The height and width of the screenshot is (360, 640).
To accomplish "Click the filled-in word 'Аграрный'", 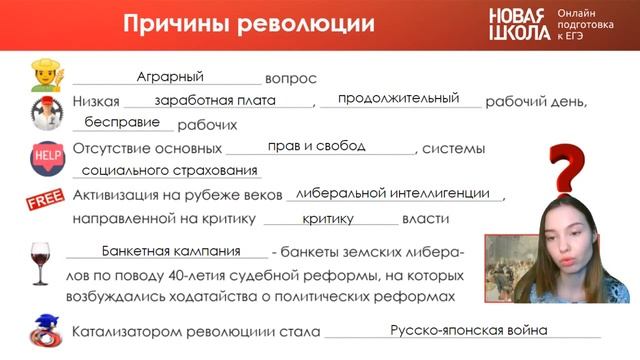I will point(170,76).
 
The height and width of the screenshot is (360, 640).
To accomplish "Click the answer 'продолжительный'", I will point(398,99).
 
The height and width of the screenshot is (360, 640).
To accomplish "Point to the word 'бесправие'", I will point(122,123).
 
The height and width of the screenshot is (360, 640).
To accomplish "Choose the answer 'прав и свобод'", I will point(316,146).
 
